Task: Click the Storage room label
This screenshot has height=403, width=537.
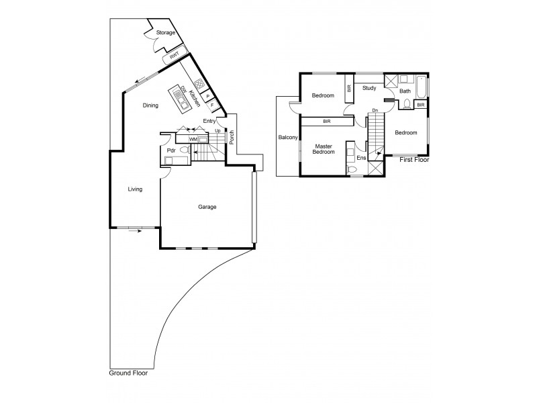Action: [x=166, y=33]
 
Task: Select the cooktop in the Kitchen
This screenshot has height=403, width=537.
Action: [x=199, y=85]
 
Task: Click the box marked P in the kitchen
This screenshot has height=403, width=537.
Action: [x=207, y=96]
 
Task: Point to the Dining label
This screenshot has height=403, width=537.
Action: [x=150, y=105]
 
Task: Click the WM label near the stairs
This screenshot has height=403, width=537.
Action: [x=193, y=139]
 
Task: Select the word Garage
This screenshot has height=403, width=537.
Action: [x=207, y=207]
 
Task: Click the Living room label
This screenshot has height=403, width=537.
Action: [x=136, y=189]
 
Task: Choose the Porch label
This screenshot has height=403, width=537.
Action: [x=230, y=137]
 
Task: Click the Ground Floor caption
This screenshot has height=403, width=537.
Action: [x=129, y=373]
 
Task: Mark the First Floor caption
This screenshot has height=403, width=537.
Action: [x=414, y=161]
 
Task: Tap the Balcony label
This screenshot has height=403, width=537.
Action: [x=288, y=138]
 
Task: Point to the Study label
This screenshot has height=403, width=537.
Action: [x=369, y=88]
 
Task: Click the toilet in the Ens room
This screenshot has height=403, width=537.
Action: [x=351, y=169]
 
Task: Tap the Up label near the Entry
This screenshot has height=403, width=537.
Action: [x=217, y=130]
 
